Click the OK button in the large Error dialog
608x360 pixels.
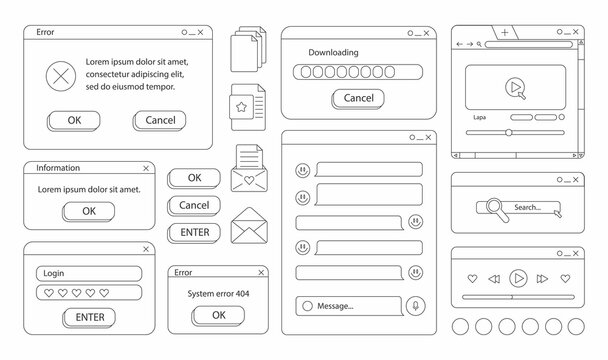(74, 120)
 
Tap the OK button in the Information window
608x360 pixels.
(89, 211)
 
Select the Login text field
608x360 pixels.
(87, 273)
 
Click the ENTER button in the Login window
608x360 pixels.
(89, 317)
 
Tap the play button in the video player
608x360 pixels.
(514, 88)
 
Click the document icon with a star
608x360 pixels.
(243, 104)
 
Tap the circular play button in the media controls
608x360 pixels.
(518, 278)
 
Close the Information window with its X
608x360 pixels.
(147, 168)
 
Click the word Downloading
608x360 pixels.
(335, 52)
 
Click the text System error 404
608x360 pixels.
(218, 293)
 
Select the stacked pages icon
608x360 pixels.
(244, 51)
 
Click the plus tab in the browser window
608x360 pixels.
(505, 33)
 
